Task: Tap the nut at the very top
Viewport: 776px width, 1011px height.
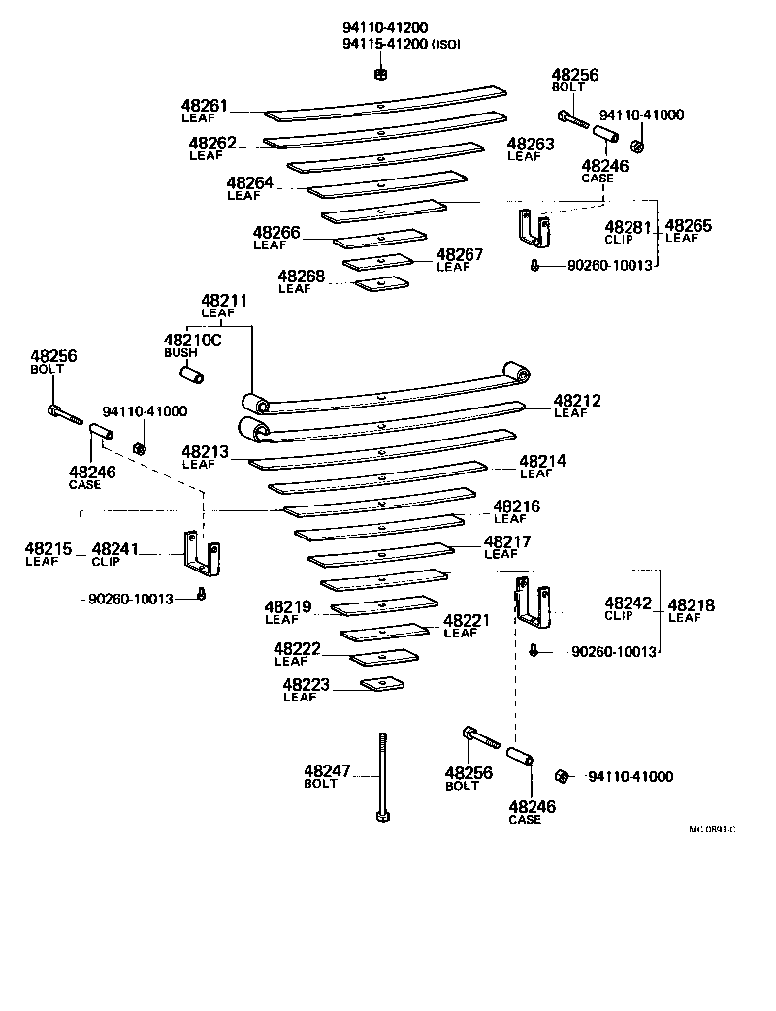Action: coord(380,74)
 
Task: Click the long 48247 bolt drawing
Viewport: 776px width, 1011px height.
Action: coord(381,775)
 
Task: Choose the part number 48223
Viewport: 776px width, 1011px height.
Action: coord(306,685)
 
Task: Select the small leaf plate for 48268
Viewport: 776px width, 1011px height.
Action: coord(382,283)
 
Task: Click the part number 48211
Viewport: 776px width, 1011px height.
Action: coord(224,302)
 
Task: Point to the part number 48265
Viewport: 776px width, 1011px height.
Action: coord(689,226)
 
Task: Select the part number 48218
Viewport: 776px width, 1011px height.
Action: coord(692,605)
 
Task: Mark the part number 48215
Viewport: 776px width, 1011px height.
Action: coord(48,549)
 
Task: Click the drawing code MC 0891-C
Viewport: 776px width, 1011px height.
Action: coord(712,830)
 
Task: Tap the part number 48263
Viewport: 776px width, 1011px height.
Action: coord(531,144)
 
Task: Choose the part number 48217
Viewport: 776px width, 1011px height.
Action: coord(506,542)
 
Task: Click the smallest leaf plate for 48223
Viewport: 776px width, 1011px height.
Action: coord(382,685)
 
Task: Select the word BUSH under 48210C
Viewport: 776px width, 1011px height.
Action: coord(179,352)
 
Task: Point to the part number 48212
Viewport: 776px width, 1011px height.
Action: coord(577,400)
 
